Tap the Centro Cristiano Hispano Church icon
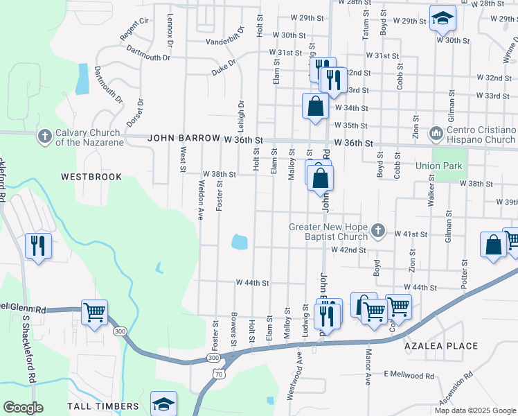coord(436,132)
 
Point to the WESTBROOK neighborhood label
coord(91,177)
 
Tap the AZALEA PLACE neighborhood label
coord(442,346)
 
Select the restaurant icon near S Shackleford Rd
coord(38,245)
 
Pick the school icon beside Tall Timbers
coord(163,403)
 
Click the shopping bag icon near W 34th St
coord(315,106)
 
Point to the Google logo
coord(23,408)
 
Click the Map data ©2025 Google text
coord(475,410)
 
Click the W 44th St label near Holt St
coord(251,283)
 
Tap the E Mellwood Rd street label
coord(409,376)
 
